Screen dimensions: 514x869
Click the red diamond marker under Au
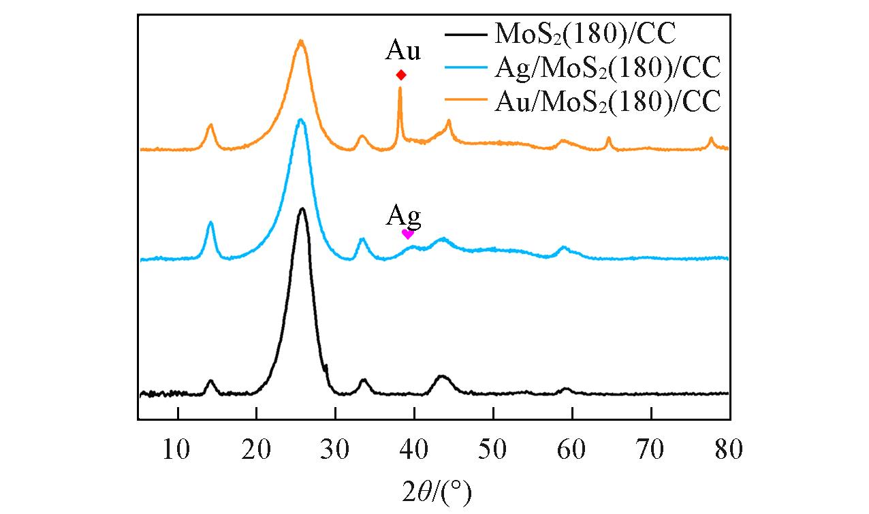coord(401,75)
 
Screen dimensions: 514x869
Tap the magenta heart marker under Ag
coord(407,234)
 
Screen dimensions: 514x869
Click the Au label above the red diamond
coord(403,51)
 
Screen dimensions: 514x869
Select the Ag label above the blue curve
coord(404,216)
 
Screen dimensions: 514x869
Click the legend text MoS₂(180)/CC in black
coord(584,33)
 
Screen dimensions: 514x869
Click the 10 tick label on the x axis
coord(178,449)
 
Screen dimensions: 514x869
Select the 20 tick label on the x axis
coord(257,449)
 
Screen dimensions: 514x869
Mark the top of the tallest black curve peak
coord(302,209)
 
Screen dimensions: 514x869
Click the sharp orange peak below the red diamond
coord(400,89)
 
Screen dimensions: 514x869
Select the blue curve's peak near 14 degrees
coord(210,223)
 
